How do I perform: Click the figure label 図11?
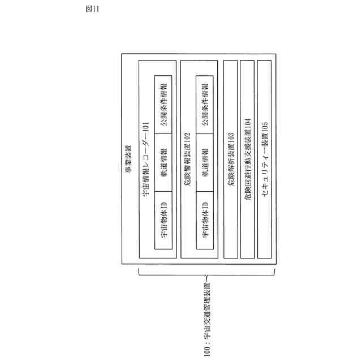click(x=92, y=9)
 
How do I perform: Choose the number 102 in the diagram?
click(x=187, y=136)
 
